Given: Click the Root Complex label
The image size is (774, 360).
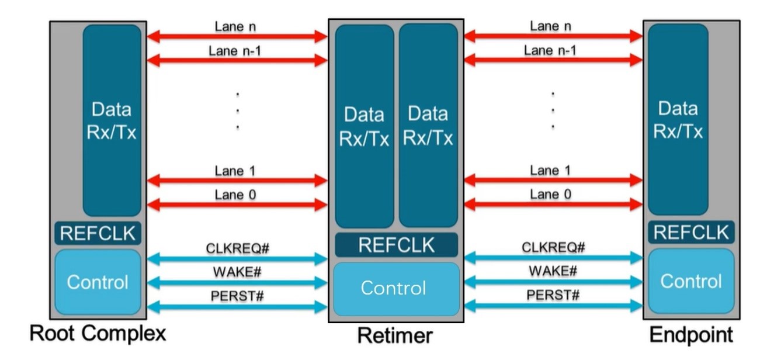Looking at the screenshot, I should [98, 334].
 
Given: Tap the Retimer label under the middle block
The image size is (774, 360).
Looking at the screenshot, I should [395, 336].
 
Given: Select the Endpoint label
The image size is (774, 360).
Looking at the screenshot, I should [691, 335].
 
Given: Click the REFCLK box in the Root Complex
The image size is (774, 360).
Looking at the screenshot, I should [98, 233].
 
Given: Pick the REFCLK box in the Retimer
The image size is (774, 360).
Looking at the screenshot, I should [396, 245].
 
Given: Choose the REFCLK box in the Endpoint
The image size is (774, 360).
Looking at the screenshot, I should [691, 232].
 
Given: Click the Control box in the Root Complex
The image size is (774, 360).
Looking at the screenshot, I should [98, 282].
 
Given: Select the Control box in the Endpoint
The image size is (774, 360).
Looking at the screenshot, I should [691, 281].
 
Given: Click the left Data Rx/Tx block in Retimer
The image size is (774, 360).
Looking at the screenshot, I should [365, 126].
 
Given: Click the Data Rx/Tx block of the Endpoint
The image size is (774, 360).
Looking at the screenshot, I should [678, 120].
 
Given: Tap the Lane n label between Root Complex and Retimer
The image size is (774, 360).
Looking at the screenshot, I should [235, 26].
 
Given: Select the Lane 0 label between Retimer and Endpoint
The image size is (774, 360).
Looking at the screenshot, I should [551, 194].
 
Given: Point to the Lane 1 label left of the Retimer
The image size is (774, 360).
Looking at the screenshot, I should [235, 171].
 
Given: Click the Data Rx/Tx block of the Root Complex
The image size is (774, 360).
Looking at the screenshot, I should [112, 120].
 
